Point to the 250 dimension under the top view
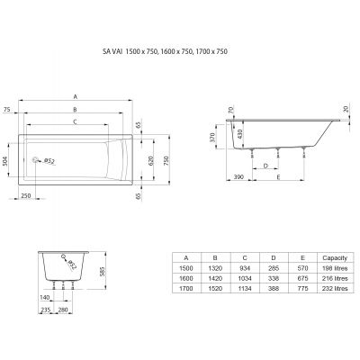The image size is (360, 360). point(26,195)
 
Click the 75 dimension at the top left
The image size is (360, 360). point(7,109)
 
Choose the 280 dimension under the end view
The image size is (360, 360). point(64,310)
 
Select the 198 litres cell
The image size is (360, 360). point(326,267)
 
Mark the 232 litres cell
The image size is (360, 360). point(326,289)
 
